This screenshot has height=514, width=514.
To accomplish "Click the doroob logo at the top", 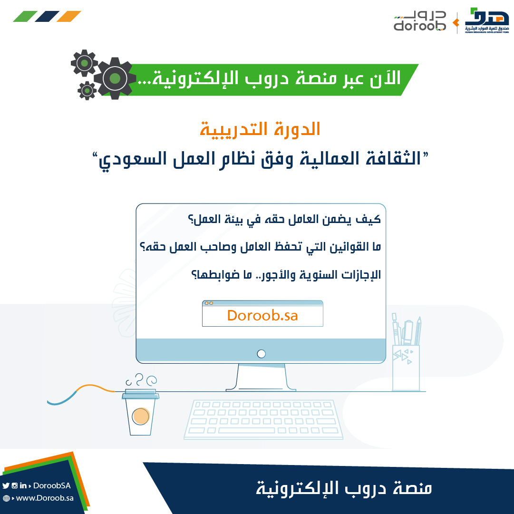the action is (x=419, y=21).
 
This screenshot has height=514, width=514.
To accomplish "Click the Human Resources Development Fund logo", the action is (x=487, y=20).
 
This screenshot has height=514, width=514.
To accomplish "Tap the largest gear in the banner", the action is (x=115, y=78).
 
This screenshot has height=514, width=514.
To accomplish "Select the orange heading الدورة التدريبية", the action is (x=260, y=129).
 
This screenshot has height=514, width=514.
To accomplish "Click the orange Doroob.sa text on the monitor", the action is (x=262, y=316).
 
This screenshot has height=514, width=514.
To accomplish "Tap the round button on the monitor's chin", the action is (x=261, y=354).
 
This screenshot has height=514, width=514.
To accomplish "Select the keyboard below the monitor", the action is (x=263, y=419).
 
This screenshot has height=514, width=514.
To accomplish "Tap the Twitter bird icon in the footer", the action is (x=6, y=485).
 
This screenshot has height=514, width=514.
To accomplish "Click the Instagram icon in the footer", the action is (x=14, y=485).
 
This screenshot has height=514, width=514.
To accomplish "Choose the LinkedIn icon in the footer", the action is (x=23, y=485).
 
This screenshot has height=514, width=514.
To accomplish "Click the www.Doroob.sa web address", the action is (x=45, y=498).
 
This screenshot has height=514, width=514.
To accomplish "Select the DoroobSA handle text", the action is (x=52, y=485).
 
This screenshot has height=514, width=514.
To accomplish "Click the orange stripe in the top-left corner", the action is (x=69, y=16).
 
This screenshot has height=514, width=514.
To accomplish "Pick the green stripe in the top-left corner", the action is (x=25, y=16).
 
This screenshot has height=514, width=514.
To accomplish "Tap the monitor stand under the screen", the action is (x=261, y=378).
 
